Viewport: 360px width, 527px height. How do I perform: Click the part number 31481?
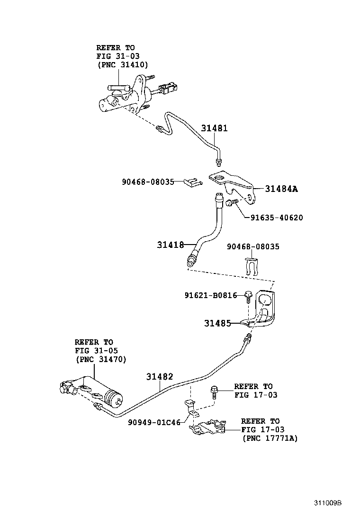tap(214, 128)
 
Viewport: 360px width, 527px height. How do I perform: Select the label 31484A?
tap(281, 189)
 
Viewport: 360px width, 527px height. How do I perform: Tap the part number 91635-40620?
tap(274, 218)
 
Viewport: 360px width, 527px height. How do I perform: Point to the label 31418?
tap(171, 245)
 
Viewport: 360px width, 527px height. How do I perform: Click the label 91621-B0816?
tap(211, 295)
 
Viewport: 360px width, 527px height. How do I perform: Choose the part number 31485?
tap(217, 323)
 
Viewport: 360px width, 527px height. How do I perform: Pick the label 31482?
tap(159, 377)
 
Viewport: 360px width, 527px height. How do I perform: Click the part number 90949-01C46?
tap(154, 422)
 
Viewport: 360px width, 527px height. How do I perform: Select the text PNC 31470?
tap(101, 359)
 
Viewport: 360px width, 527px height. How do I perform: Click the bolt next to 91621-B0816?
tap(248, 298)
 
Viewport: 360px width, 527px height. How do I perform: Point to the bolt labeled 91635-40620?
tap(230, 203)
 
